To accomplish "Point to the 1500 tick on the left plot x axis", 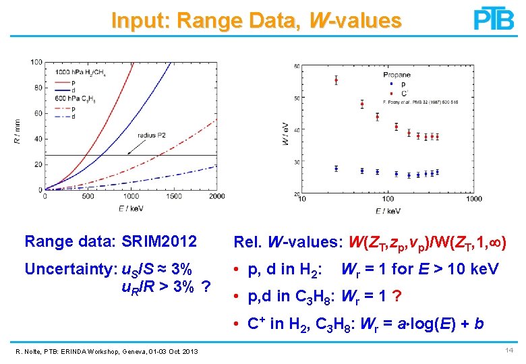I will coord(174,196).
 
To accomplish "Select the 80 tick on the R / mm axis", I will coord(38,88).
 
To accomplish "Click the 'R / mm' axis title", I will coord(18,126).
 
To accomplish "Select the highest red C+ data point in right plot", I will coord(336,80).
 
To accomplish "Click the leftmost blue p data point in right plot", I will coord(336,169).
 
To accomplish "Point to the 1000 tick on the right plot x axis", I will coord(473,199).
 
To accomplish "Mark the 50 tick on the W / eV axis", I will coord(297,98).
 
